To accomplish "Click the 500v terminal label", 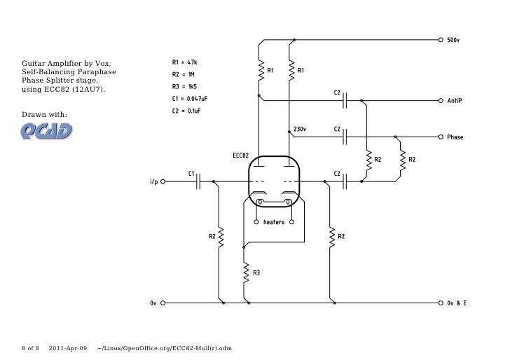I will pyautogui.click(x=454, y=40).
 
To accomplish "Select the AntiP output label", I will pyautogui.click(x=455, y=101).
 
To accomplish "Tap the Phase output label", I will pyautogui.click(x=455, y=137).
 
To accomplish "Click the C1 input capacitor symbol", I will pyautogui.click(x=199, y=181).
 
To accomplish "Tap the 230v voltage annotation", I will pyautogui.click(x=300, y=130).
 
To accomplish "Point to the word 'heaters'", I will pyautogui.click(x=274, y=223).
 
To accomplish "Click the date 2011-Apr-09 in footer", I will pyautogui.click(x=69, y=348).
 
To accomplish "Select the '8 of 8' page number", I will pyautogui.click(x=32, y=348).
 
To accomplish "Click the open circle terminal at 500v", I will pyautogui.click(x=441, y=40).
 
